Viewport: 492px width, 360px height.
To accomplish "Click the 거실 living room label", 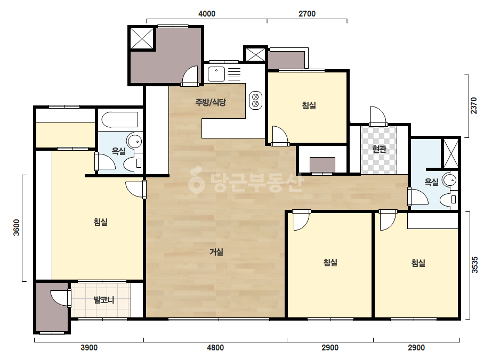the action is pos(216,252).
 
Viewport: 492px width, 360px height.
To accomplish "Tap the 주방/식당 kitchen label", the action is pos(211,102).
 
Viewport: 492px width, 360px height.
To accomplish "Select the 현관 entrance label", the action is pos(379,149).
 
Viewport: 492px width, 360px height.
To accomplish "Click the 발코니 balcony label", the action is pos(104,300).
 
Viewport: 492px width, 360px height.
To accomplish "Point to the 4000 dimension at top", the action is pos(207,14).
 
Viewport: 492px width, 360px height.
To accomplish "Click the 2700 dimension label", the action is pos(307,14).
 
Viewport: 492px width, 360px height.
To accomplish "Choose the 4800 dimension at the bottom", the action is pos(215,347).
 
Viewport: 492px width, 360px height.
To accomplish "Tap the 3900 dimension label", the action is pos(89,347).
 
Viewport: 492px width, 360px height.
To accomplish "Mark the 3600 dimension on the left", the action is pos(17,228).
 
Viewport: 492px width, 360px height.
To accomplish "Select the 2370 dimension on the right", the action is pos(474,105).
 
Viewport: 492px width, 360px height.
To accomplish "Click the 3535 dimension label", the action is pos(475,265).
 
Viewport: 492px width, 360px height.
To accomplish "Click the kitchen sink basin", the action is pos(216,74).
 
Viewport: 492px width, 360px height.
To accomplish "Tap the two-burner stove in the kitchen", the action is pos(255,100).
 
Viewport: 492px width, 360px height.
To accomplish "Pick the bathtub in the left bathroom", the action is pos(120,120).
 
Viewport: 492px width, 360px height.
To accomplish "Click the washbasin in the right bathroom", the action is pos(450,181).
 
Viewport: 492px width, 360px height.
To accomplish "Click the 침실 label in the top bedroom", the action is pos(309,105).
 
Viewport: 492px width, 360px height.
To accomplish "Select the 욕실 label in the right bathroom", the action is pos(431,182).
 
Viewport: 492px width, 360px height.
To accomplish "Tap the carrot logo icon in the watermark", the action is pos(196,180).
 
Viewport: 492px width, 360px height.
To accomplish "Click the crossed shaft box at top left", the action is pos(142,38).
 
